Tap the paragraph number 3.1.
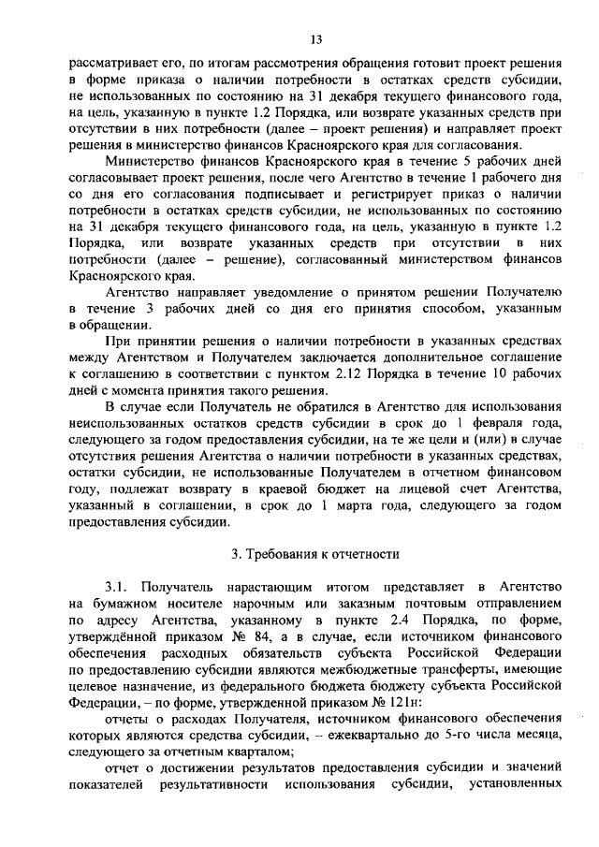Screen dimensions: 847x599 point(120,586)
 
